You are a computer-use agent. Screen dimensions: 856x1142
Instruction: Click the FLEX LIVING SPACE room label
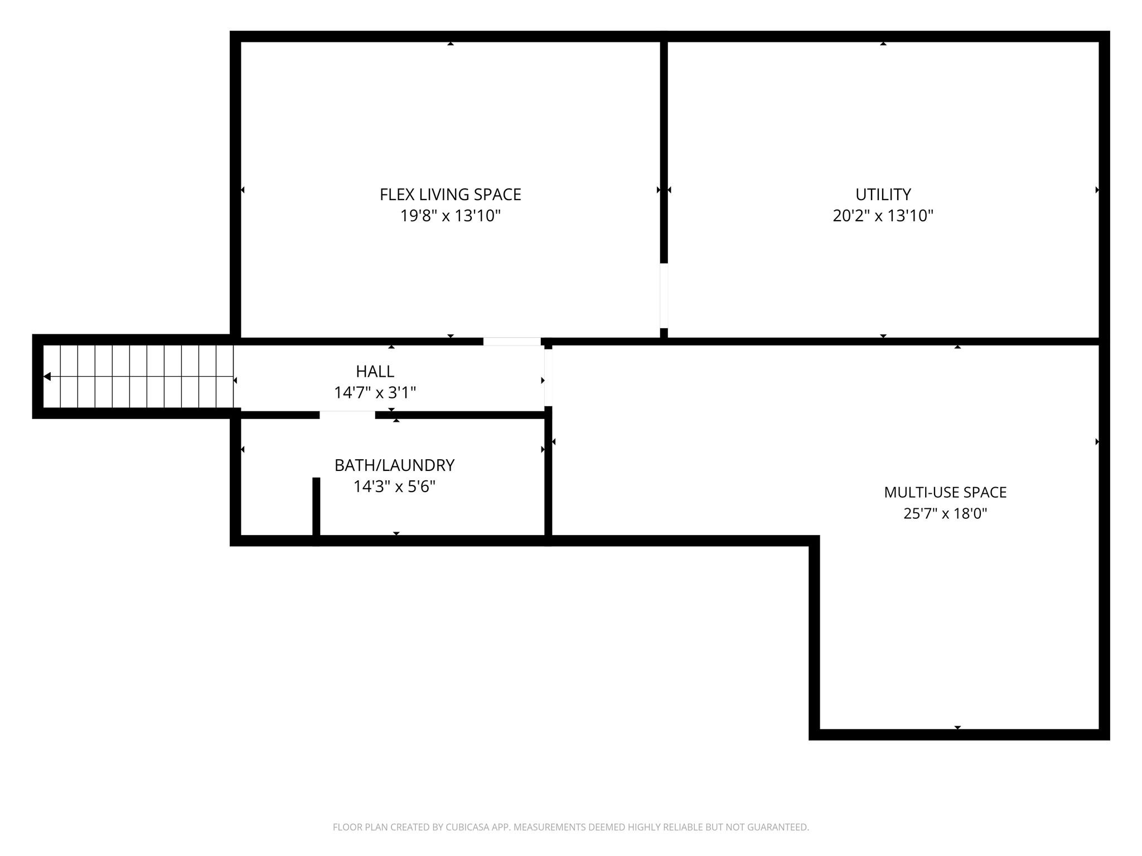click(450, 194)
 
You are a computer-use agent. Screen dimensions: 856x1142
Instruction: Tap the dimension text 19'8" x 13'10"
click(450, 216)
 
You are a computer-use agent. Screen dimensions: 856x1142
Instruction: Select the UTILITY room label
click(883, 194)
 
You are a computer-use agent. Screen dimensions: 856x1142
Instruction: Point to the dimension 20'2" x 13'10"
click(883, 216)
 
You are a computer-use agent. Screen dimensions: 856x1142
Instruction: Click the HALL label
click(375, 371)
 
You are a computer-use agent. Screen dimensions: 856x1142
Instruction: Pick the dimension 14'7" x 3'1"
click(375, 393)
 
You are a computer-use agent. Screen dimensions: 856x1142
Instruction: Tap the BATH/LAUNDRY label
click(394, 465)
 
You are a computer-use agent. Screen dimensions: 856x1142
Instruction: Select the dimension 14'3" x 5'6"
click(394, 487)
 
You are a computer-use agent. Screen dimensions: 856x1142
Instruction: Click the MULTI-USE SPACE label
click(945, 492)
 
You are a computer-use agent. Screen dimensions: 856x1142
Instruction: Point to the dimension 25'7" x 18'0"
click(945, 513)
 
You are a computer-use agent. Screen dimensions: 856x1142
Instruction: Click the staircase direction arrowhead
click(47, 377)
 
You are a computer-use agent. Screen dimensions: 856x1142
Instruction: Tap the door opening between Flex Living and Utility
click(664, 295)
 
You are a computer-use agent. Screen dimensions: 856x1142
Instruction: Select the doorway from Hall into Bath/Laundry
click(347, 415)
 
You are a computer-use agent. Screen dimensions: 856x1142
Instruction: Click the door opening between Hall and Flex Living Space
click(511, 342)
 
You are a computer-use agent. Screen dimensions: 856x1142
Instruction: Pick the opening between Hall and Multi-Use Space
click(548, 377)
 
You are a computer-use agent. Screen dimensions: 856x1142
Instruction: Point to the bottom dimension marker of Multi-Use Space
click(957, 727)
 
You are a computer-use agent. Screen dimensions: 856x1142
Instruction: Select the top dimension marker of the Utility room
click(883, 43)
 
